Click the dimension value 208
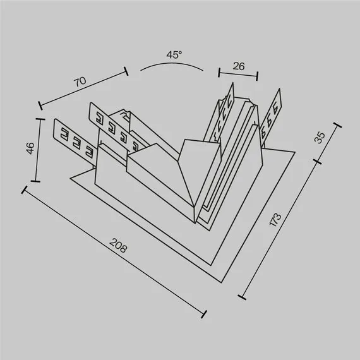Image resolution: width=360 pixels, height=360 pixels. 117,245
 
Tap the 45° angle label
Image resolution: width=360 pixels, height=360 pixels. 174,55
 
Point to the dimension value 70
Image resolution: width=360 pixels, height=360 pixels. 80,81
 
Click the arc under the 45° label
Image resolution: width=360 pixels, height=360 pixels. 172,65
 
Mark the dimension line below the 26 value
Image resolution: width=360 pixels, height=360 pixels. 238,75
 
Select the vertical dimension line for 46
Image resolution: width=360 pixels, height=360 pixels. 39,150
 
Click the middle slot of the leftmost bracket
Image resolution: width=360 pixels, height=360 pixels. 76,142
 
